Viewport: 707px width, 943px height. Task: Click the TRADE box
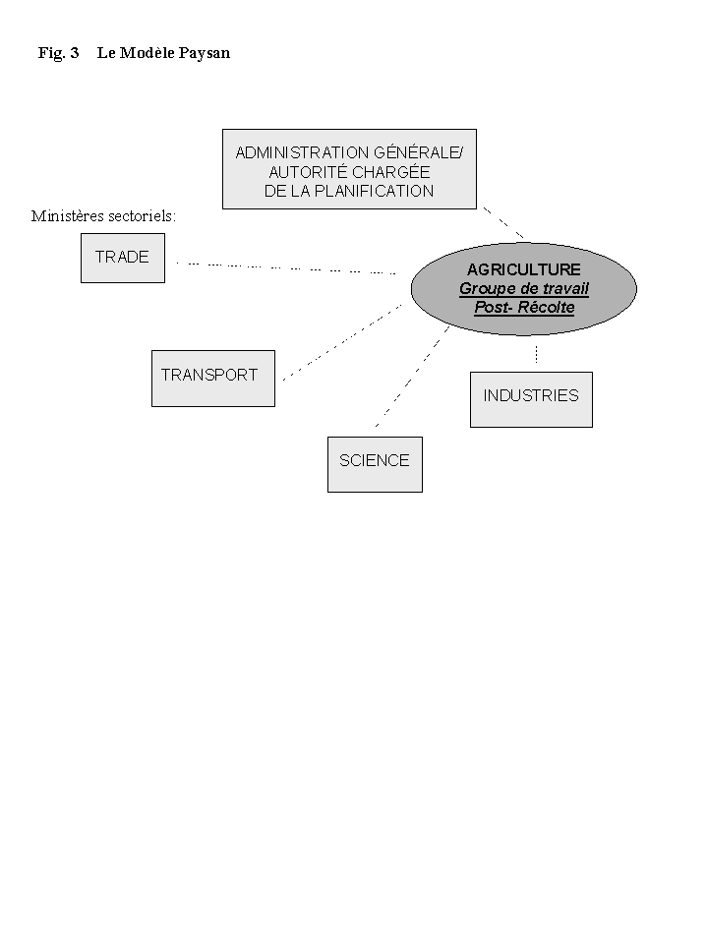pos(122,258)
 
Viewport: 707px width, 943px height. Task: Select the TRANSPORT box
pos(212,378)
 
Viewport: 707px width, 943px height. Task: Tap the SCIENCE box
pos(374,463)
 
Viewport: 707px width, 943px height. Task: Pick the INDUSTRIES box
pos(531,398)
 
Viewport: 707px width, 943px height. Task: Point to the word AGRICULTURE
pos(523,269)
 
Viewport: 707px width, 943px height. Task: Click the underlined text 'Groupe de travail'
pos(523,289)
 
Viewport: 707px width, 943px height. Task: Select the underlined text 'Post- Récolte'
pos(523,308)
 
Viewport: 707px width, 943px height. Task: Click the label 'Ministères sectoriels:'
pos(103,216)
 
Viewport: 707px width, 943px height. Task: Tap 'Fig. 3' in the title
pos(58,53)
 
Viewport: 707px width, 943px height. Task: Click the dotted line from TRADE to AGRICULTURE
pos(285,266)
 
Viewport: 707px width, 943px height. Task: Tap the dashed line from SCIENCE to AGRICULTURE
pos(411,378)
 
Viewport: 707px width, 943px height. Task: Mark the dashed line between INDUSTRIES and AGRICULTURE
pos(536,354)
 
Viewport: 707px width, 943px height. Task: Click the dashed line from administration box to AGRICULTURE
pos(502,223)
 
